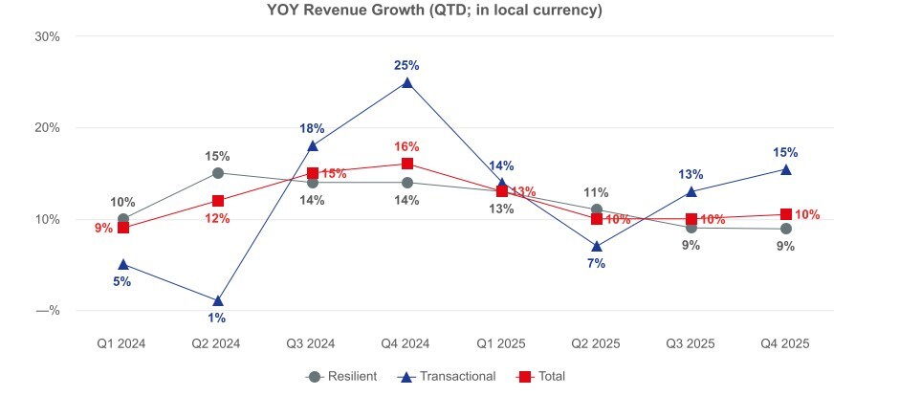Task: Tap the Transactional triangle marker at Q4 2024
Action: (407, 83)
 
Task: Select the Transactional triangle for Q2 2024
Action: (218, 300)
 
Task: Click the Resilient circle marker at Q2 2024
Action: (218, 173)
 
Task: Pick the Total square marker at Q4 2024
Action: (407, 164)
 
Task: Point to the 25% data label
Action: (406, 65)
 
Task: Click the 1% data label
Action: (218, 318)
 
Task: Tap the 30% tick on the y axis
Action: (47, 36)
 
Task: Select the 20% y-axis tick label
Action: (47, 128)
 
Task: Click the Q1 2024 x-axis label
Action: (123, 342)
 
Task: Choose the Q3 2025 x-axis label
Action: (691, 342)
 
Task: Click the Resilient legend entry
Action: (341, 376)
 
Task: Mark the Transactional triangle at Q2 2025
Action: (597, 246)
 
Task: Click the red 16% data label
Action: (406, 146)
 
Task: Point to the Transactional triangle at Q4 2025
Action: (785, 169)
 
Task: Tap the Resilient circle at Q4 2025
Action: (785, 229)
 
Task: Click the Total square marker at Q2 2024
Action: (218, 201)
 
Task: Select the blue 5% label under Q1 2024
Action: (122, 281)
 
